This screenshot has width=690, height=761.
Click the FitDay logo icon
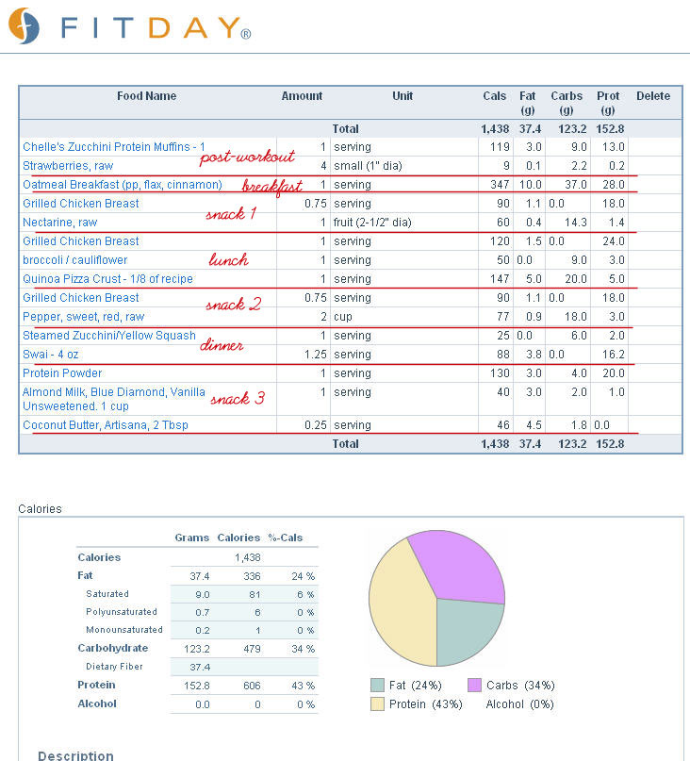click(25, 25)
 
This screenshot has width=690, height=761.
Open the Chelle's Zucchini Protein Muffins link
click(113, 146)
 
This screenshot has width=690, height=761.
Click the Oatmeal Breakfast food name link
click(123, 185)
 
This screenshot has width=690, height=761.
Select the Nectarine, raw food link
click(59, 223)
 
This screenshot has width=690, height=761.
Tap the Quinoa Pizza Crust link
click(107, 279)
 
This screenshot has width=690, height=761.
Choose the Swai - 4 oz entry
click(51, 355)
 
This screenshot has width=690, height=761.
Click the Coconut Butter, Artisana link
click(106, 425)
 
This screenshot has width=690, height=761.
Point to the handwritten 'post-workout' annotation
click(247, 157)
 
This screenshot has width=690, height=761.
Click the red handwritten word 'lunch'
click(228, 259)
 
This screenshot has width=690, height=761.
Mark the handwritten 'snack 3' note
click(238, 399)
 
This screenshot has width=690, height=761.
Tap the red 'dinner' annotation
click(222, 344)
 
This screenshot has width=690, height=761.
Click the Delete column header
click(653, 96)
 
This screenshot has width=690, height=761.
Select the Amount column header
click(302, 96)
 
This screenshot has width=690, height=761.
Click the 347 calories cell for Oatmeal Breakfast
click(500, 185)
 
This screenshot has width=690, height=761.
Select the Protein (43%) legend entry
click(417, 704)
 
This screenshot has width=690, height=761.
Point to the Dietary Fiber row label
click(114, 667)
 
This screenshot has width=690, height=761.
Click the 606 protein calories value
click(252, 686)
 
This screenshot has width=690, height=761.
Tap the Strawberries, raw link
click(68, 166)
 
